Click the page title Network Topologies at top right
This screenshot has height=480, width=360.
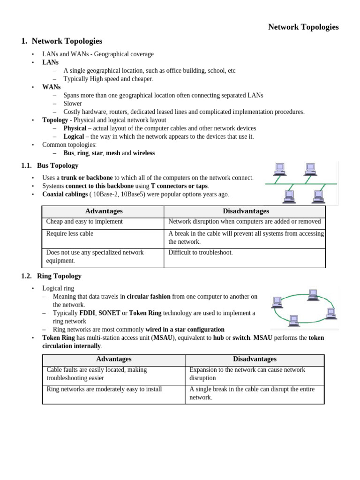click(x=303, y=27)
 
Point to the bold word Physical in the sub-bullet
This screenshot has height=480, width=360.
click(x=75, y=128)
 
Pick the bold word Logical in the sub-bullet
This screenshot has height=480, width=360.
click(x=74, y=136)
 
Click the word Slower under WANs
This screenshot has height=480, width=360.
click(x=73, y=103)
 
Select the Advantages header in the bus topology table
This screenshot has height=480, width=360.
click(x=104, y=211)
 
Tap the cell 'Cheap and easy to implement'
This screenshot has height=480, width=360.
click(x=84, y=222)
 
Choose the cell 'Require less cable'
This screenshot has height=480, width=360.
click(x=70, y=233)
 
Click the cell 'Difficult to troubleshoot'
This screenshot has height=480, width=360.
click(x=200, y=253)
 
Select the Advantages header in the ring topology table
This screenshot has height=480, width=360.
click(x=113, y=359)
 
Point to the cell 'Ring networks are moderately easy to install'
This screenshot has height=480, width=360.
click(x=104, y=389)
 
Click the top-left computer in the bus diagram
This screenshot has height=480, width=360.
click(x=280, y=168)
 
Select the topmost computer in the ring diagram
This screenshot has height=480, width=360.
click(x=313, y=294)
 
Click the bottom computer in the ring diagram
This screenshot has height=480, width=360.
click(x=294, y=320)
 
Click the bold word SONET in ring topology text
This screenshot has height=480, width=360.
click(x=109, y=313)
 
